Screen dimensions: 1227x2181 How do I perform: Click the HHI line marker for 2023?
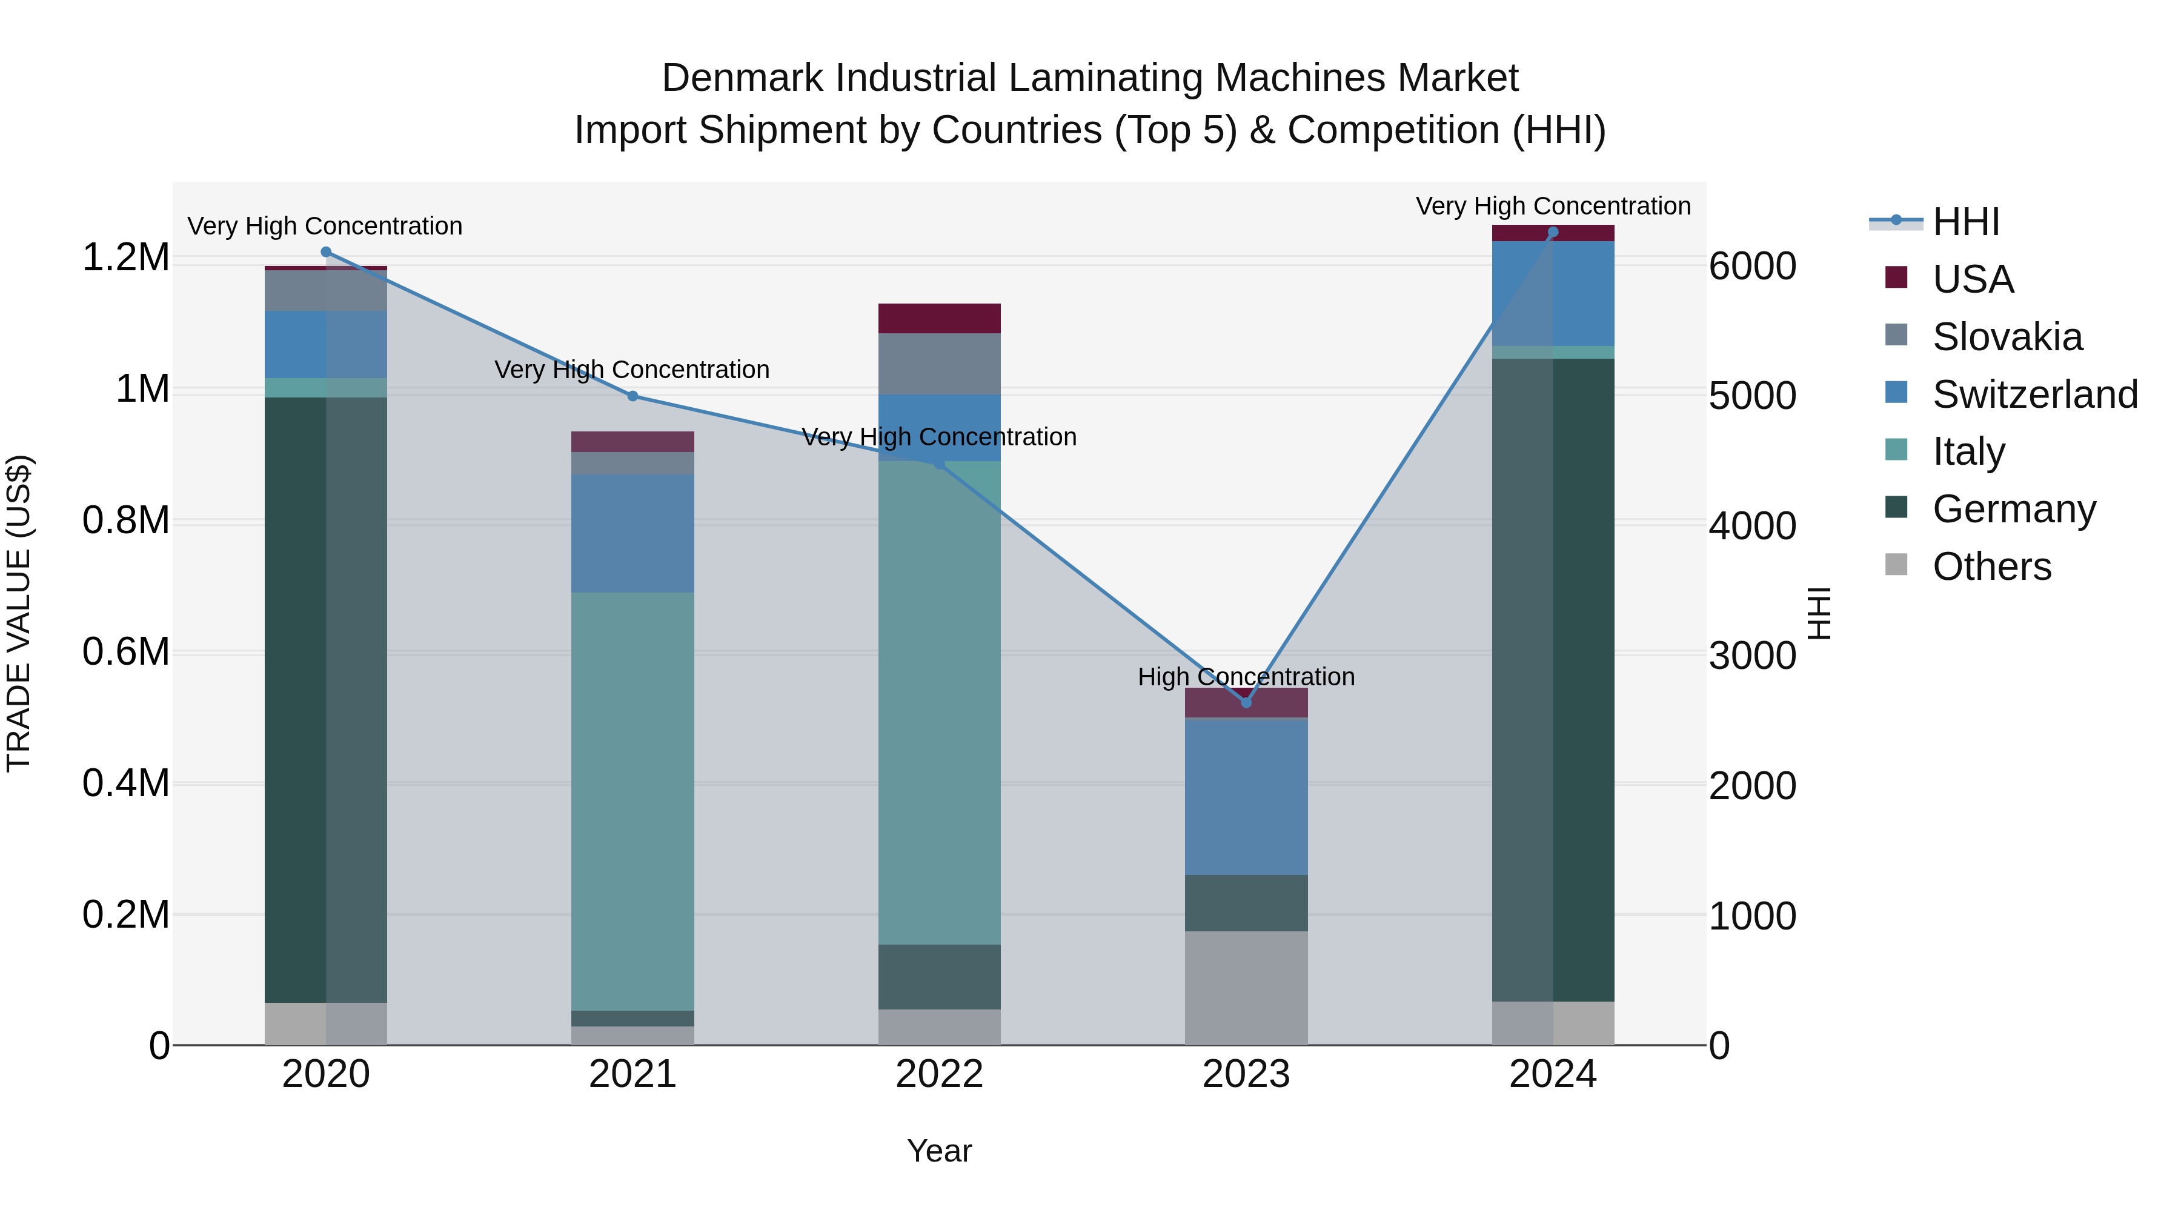[1246, 702]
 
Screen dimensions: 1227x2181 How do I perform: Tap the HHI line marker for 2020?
[326, 251]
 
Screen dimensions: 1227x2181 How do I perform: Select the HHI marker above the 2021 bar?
[632, 396]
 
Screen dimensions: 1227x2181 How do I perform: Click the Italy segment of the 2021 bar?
[632, 800]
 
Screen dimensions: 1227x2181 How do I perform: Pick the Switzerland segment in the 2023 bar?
[1246, 796]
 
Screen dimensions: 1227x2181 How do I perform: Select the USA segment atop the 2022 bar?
[939, 318]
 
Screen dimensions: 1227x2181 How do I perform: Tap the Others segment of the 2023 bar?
[1246, 988]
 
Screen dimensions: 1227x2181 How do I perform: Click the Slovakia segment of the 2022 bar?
[939, 364]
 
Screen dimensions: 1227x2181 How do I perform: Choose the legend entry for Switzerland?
[2034, 394]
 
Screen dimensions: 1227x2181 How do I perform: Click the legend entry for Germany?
[2013, 509]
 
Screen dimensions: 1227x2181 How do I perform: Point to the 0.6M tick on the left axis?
[125, 652]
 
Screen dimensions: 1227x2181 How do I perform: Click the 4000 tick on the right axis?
[1751, 526]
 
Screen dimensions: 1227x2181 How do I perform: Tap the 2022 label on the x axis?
[939, 1074]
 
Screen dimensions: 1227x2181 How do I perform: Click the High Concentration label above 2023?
[1246, 677]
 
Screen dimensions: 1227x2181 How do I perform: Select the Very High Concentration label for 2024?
[1552, 206]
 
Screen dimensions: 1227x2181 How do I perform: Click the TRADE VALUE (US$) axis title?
[19, 613]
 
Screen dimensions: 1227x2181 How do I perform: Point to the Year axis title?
[939, 1151]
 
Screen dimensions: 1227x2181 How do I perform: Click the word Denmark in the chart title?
[742, 78]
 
